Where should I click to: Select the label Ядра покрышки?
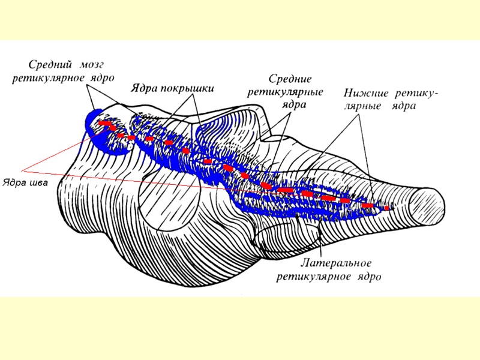[172, 88]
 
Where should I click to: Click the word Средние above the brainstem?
[289, 79]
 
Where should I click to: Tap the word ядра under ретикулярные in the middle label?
[293, 104]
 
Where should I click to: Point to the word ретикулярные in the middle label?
[286, 92]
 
